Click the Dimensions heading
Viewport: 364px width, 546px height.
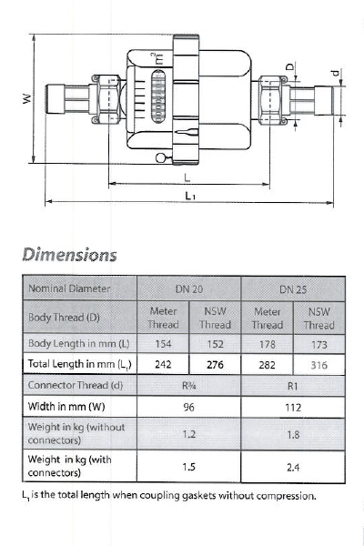(70, 255)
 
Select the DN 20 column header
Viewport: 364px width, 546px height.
(188, 289)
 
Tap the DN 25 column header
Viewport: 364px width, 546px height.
(293, 289)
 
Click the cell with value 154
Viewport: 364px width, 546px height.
(163, 344)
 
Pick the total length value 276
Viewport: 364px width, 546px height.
(215, 365)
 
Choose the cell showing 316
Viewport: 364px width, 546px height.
(318, 365)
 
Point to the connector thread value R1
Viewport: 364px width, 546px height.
(293, 386)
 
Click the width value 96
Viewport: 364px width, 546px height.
(188, 407)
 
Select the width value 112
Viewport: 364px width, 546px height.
(293, 407)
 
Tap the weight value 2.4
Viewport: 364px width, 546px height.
(293, 467)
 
